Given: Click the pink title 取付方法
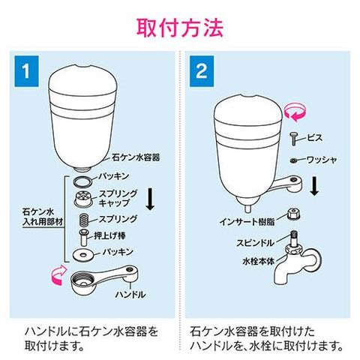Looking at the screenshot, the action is click(x=180, y=28).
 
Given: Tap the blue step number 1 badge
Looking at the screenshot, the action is click(x=26, y=71).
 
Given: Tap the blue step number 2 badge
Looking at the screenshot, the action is click(x=202, y=71).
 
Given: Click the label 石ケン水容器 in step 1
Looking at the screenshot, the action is click(x=136, y=157).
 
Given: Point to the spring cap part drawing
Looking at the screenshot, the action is click(x=82, y=198).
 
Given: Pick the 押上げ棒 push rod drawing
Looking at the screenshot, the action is click(x=84, y=237).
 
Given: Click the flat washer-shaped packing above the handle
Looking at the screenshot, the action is click(x=83, y=255).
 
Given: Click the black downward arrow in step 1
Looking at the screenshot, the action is click(x=150, y=199).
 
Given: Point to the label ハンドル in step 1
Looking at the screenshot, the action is click(x=130, y=294).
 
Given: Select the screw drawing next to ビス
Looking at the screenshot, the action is click(x=293, y=139).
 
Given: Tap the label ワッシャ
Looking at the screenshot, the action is click(x=322, y=160).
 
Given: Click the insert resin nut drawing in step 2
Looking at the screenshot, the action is click(x=294, y=214).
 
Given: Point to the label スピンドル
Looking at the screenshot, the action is click(x=256, y=243).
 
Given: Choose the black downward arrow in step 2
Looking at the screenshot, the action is click(x=314, y=185).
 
